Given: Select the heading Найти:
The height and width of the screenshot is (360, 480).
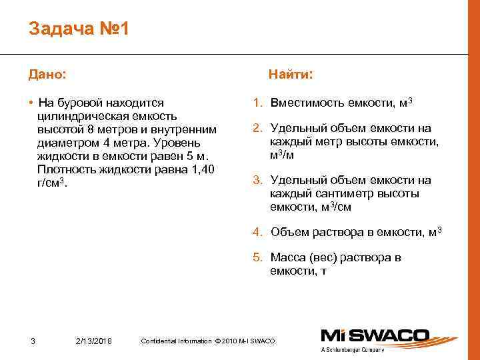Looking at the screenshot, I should pos(291,74).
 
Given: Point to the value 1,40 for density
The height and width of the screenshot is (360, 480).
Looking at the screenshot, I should pos(201,169).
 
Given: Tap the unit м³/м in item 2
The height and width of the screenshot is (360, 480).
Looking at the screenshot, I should pos(283,155).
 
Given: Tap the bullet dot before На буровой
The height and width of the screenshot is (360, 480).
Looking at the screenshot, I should pos(31,103).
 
